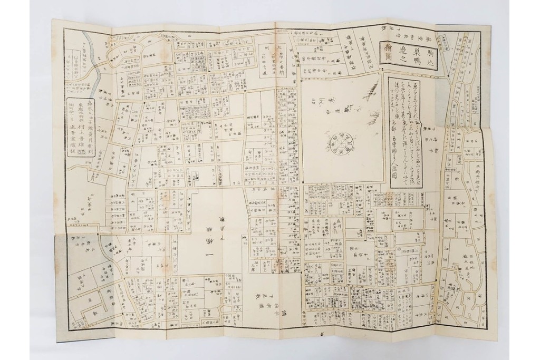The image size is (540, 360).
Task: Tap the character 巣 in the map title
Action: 408,45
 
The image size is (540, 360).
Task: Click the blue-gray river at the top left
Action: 97,69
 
